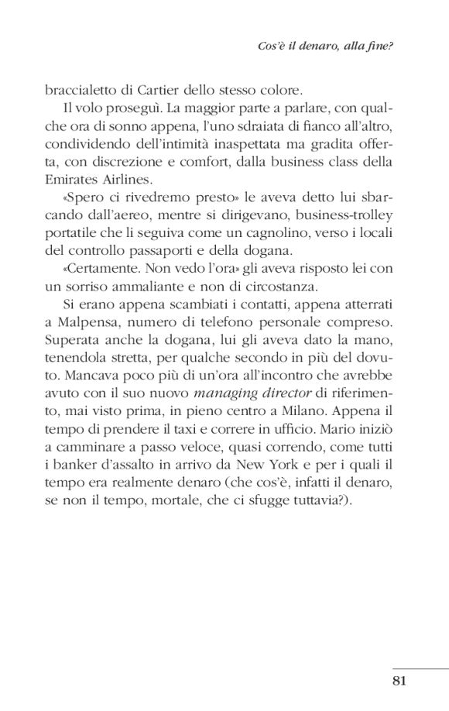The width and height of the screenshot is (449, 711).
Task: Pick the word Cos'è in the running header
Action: (269, 45)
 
